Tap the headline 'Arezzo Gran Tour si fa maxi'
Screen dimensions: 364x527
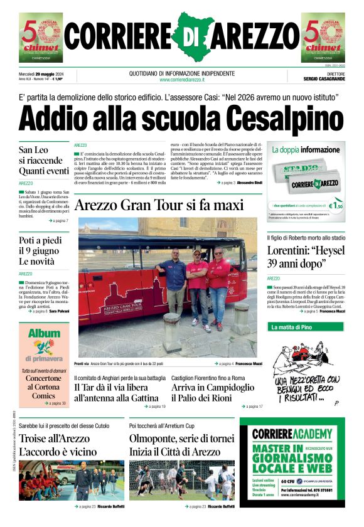(x=158, y=205)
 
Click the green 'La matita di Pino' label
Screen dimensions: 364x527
(x=296, y=327)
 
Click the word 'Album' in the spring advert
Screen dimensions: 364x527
(x=44, y=334)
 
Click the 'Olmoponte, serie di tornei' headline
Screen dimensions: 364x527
(x=181, y=445)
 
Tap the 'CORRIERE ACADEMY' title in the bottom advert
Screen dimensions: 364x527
(x=292, y=434)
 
